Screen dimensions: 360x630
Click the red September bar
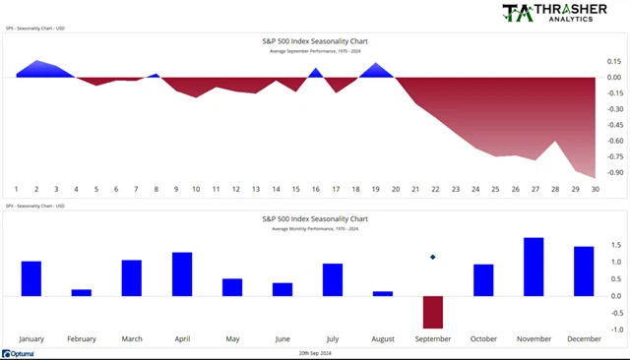point(433,312)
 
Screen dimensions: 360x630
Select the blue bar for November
point(534,267)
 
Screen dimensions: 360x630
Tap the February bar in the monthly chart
point(82,292)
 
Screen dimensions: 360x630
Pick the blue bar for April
point(182,273)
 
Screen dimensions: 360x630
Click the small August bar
point(383,293)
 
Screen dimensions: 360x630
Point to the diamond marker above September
point(433,258)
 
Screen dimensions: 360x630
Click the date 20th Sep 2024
point(315,352)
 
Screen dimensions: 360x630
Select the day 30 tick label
point(594,189)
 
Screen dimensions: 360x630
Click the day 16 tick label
point(315,189)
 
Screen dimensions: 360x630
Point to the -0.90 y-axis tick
point(615,172)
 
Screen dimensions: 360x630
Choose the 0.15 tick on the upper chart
point(615,61)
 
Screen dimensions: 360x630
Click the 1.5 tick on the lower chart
point(615,244)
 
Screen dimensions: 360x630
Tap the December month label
point(584,338)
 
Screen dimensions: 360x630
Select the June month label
point(283,338)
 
